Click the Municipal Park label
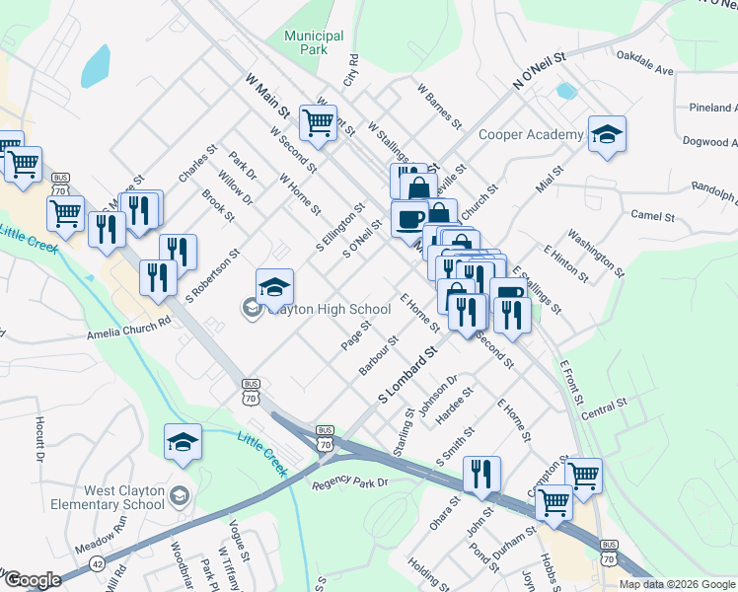pos(314,41)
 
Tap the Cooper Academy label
pos(531,134)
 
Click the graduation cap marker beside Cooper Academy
pos(607,136)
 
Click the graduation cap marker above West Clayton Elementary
pos(183,443)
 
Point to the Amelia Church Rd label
pos(128,321)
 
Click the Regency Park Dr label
pos(351,483)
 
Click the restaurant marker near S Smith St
pos(481,475)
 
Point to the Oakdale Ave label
pos(645,63)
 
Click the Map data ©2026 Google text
pos(678,584)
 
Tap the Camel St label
pos(652,215)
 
